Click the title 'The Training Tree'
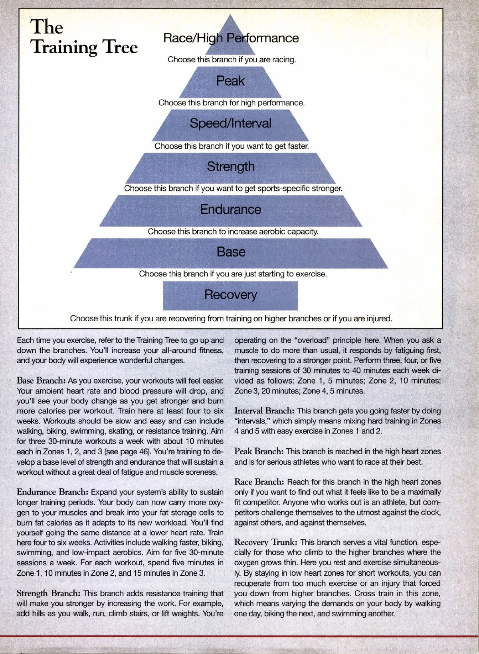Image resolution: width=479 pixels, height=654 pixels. [84, 37]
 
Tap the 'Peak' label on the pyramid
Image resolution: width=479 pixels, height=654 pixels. [230, 81]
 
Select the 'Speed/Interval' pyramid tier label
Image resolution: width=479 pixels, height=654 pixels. [230, 123]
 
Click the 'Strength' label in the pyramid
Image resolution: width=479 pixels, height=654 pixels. [231, 166]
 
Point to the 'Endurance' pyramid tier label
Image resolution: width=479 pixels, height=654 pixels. [230, 209]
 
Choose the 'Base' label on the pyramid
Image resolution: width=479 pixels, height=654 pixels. [231, 252]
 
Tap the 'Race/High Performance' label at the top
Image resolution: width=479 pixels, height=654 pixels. [231, 38]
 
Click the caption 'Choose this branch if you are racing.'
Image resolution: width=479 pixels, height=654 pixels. [232, 60]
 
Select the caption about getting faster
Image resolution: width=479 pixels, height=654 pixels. [232, 146]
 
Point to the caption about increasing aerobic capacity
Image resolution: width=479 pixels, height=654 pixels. [233, 232]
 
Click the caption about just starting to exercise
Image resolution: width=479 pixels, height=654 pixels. [233, 274]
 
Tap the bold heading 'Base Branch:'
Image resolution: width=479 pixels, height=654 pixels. [41, 380]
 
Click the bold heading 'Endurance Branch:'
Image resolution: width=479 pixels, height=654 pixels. [53, 492]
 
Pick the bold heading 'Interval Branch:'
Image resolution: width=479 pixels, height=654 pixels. [265, 411]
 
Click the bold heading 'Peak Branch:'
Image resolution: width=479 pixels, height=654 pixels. [259, 451]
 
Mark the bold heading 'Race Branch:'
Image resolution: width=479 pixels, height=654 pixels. [259, 482]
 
